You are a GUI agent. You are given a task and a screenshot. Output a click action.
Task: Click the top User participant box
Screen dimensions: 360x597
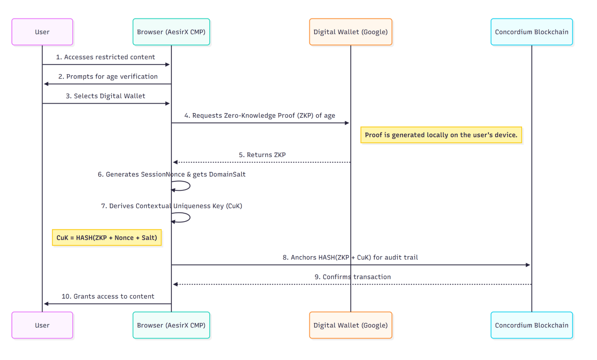pyautogui.click(x=42, y=32)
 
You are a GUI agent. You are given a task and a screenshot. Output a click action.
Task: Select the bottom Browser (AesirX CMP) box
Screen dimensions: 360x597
pyautogui.click(x=171, y=325)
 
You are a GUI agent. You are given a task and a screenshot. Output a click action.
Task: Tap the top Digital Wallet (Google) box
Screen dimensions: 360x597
pyautogui.click(x=350, y=32)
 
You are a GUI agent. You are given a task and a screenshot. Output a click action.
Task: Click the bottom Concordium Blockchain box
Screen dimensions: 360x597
pyautogui.click(x=531, y=325)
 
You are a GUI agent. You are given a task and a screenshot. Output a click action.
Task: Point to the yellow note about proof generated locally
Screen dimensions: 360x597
pyautogui.click(x=441, y=135)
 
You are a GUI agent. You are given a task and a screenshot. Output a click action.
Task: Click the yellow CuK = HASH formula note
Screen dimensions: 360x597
pyautogui.click(x=107, y=238)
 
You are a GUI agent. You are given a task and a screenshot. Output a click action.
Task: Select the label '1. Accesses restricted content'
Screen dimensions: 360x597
pyautogui.click(x=105, y=57)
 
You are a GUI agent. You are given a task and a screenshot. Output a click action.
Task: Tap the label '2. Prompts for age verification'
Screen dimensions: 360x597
pyautogui.click(x=108, y=76)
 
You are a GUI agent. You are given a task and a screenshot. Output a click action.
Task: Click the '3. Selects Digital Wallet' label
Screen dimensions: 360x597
pyautogui.click(x=105, y=96)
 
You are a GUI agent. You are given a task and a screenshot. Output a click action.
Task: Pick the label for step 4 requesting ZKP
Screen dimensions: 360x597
pyautogui.click(x=260, y=116)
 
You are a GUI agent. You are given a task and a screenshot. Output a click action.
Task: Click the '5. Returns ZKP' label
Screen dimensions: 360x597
pyautogui.click(x=262, y=155)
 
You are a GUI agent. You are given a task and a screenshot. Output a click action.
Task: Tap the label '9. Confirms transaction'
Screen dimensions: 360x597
pyautogui.click(x=352, y=277)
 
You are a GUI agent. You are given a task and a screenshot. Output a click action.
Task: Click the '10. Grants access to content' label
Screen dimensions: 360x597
pyautogui.click(x=108, y=296)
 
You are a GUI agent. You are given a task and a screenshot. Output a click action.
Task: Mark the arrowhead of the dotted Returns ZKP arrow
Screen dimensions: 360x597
pyautogui.click(x=176, y=162)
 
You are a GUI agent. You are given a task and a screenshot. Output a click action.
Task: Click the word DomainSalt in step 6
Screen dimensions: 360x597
pyautogui.click(x=227, y=174)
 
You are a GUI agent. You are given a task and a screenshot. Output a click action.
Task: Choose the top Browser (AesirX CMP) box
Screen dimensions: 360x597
pyautogui.click(x=171, y=32)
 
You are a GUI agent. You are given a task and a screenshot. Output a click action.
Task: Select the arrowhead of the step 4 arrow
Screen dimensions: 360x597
pyautogui.click(x=347, y=123)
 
